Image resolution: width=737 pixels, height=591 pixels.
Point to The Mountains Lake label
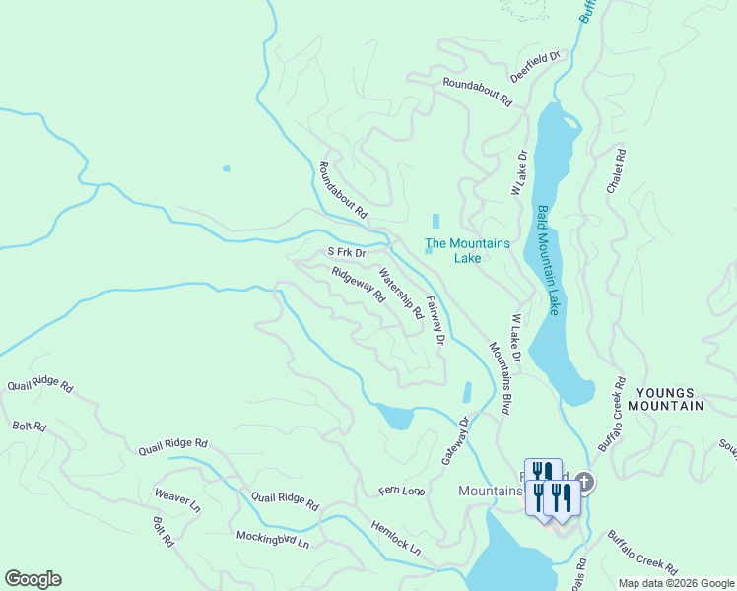[x=467, y=250]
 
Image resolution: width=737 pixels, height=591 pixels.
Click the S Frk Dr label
[x=347, y=252]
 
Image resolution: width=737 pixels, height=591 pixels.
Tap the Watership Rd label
[x=401, y=295]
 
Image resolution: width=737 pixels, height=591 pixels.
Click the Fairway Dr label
[x=435, y=319]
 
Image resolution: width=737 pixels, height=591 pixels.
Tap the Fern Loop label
[x=401, y=490]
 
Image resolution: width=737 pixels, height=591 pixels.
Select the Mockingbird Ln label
[x=273, y=540]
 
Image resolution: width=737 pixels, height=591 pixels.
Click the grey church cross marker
[x=583, y=482]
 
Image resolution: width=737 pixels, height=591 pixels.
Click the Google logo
[x=33, y=579]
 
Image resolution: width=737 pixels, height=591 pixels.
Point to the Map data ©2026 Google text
[x=675, y=583]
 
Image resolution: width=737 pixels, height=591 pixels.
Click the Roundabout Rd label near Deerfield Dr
[x=478, y=93]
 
